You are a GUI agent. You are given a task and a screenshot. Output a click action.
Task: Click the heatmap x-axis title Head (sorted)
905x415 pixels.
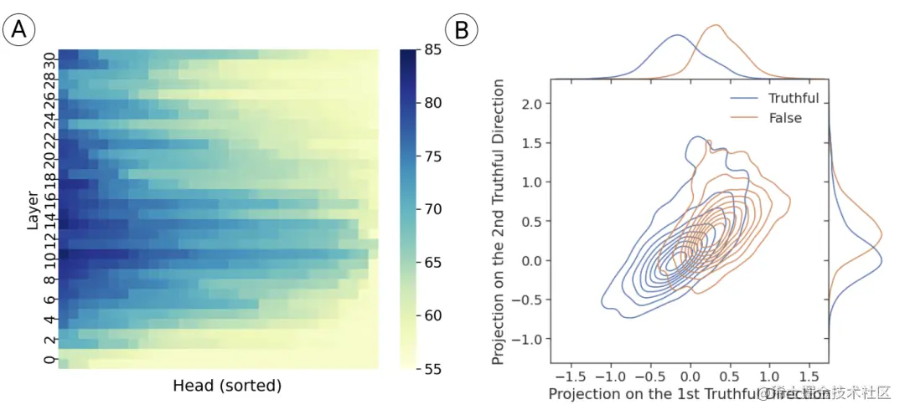point(227,387)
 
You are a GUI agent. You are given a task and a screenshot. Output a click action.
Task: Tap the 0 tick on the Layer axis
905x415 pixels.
point(49,360)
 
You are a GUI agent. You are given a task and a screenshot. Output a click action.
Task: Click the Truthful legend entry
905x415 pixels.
point(793,98)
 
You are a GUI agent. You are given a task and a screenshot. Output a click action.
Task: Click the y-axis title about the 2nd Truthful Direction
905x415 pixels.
point(499,222)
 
